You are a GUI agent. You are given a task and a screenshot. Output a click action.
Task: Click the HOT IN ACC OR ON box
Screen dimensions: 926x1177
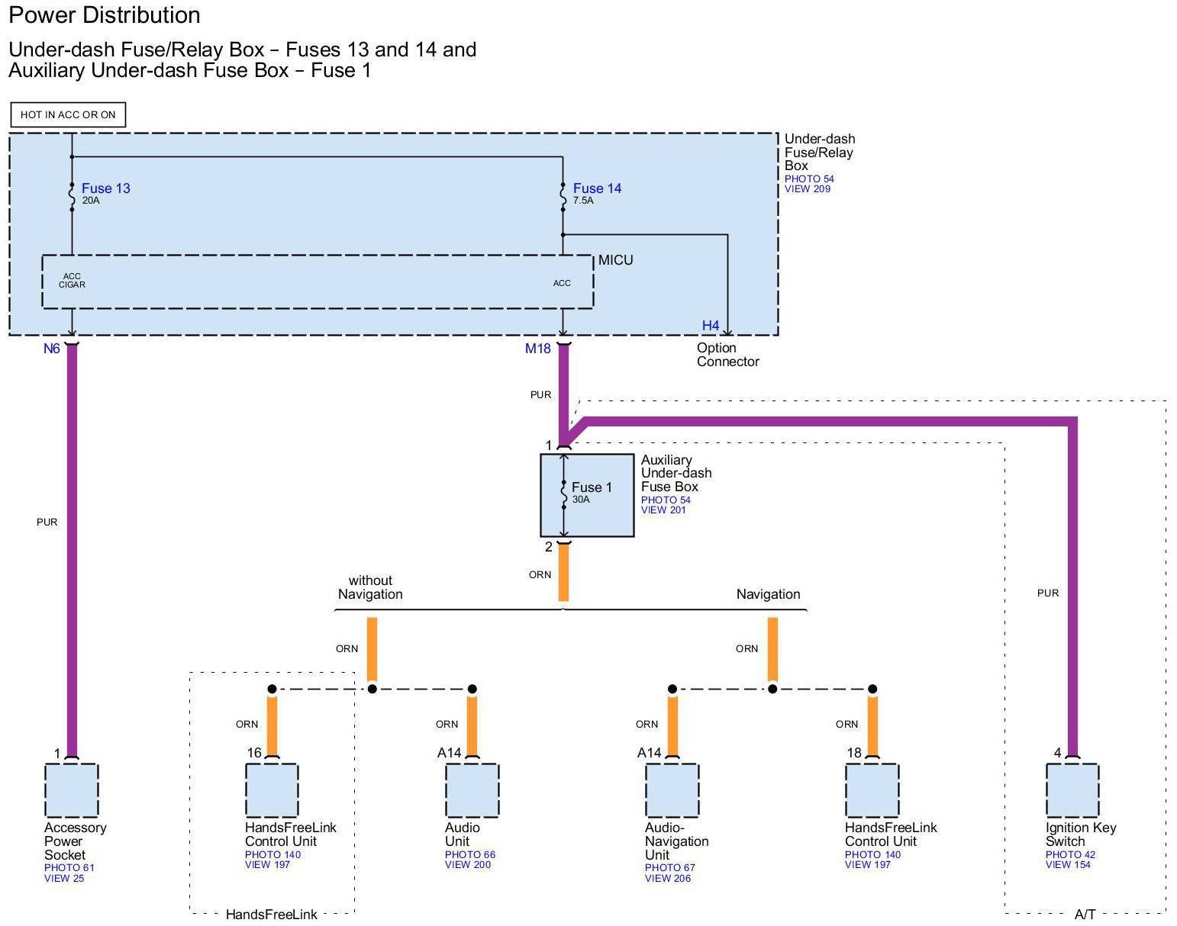[68, 115]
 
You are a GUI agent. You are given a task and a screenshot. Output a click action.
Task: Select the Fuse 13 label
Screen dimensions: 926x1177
[106, 188]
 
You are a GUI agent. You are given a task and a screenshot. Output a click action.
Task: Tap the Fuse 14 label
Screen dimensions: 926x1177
[597, 188]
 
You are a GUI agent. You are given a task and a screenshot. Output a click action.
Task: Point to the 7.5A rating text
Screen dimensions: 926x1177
[583, 201]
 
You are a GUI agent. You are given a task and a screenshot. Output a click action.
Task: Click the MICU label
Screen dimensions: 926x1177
[615, 260]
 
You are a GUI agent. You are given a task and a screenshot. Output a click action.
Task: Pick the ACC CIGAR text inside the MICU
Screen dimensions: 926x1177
[72, 281]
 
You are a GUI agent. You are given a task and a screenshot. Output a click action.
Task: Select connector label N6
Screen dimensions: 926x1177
[51, 349]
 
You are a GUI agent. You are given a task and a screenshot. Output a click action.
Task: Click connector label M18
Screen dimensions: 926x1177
[537, 349]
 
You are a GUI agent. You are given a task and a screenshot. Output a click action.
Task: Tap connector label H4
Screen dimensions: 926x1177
[711, 326]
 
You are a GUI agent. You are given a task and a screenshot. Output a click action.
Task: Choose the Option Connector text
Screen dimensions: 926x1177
[727, 355]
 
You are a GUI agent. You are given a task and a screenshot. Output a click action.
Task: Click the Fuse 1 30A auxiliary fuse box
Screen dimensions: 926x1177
[587, 496]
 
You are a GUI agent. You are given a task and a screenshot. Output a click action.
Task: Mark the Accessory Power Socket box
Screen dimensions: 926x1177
[72, 790]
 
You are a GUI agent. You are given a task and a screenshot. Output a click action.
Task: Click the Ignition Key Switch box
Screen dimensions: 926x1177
[1072, 790]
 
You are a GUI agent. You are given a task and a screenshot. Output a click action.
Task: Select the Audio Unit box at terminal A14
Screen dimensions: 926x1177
[472, 790]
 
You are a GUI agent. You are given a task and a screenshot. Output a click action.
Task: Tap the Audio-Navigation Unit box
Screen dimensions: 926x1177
[672, 790]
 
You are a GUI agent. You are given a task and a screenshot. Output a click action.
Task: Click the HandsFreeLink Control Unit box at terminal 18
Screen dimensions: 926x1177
[872, 790]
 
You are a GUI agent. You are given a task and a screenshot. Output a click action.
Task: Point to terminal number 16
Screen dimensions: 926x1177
[254, 753]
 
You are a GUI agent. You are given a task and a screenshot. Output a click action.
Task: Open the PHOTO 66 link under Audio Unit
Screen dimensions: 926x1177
[470, 855]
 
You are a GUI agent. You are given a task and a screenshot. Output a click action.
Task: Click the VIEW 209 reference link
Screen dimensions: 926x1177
[808, 189]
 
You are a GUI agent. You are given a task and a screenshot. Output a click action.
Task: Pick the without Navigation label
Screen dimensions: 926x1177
[370, 587]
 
